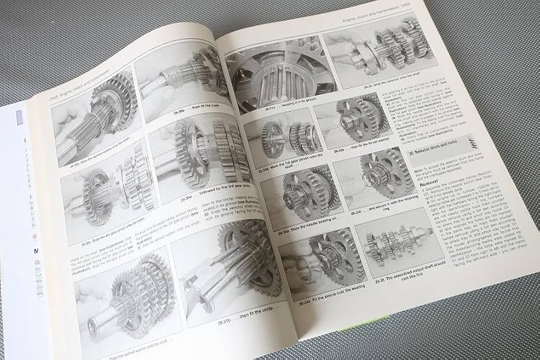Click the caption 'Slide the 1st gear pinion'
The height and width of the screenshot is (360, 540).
click(x=278, y=168)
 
